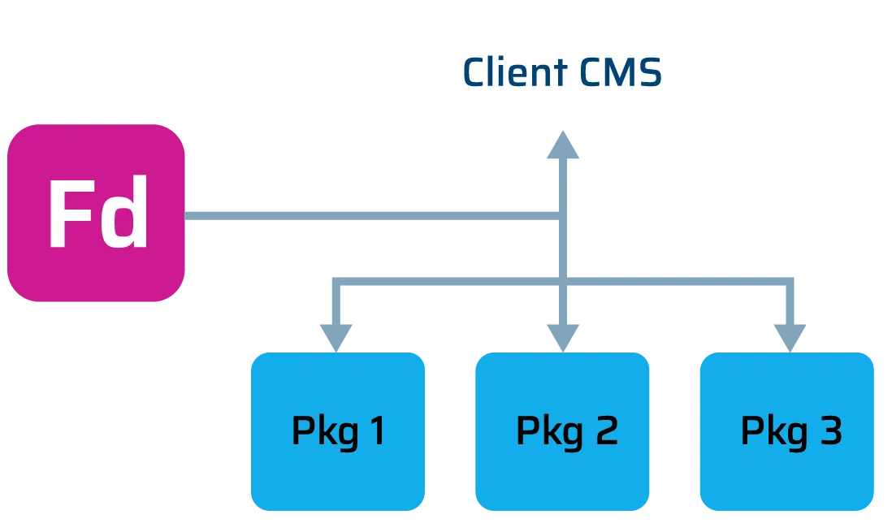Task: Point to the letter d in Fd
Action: pos(126,214)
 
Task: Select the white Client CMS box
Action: pos(562,72)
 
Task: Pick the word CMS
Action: pos(621,72)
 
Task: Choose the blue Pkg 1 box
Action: pos(338,430)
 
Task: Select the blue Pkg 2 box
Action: pos(562,430)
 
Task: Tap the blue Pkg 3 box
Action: pos(786,430)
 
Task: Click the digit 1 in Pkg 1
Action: pos(377,431)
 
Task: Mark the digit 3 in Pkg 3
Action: pos(830,431)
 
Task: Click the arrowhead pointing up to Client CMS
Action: pos(564,148)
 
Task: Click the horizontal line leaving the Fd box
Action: pos(366,216)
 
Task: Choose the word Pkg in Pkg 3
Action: pos(773,432)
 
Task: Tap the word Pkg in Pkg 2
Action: pos(549,432)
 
